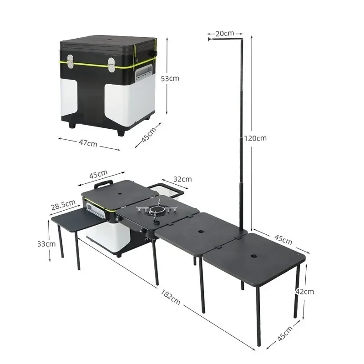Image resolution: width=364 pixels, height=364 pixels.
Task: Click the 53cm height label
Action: click(x=170, y=78)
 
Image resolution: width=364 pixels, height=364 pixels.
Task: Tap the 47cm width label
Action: click(x=88, y=143)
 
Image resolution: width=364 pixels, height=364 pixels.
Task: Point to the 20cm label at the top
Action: click(x=225, y=33)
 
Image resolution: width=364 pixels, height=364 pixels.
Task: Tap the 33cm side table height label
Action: click(x=47, y=244)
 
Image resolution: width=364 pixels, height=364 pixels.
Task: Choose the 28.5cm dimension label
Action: click(x=63, y=206)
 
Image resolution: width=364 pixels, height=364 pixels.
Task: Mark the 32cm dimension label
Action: click(x=183, y=179)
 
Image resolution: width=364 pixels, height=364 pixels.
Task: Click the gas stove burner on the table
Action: click(x=158, y=211)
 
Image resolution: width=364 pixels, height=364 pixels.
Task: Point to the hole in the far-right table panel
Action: click(x=252, y=257)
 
